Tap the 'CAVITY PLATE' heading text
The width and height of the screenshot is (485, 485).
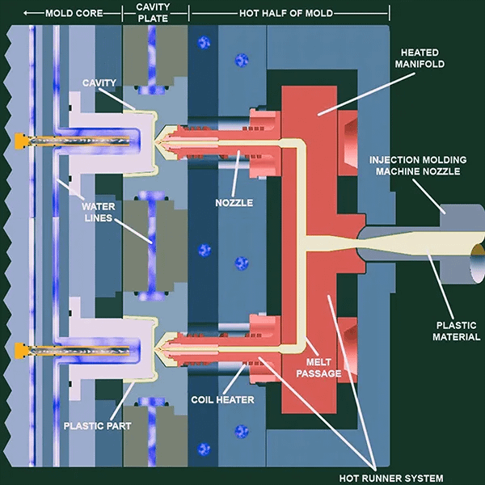[x=155, y=12]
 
